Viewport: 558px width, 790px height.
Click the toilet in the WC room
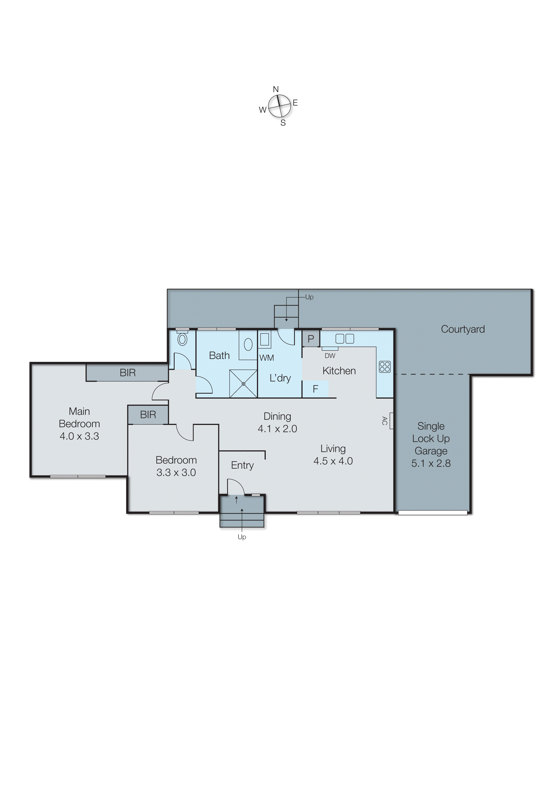182,339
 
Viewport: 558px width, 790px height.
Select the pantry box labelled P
311,339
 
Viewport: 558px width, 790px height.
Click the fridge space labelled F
315,389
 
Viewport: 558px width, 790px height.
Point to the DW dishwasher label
330,356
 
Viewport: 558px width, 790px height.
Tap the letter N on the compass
276,89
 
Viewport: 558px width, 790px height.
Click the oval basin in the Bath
248,344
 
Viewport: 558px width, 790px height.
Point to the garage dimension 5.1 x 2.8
431,463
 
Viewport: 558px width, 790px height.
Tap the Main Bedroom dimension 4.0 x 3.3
79,436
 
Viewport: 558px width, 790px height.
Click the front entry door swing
236,487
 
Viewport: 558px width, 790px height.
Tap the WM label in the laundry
266,358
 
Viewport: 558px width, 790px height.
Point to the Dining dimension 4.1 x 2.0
277,429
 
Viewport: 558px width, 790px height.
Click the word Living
333,449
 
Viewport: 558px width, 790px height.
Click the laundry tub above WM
264,339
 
